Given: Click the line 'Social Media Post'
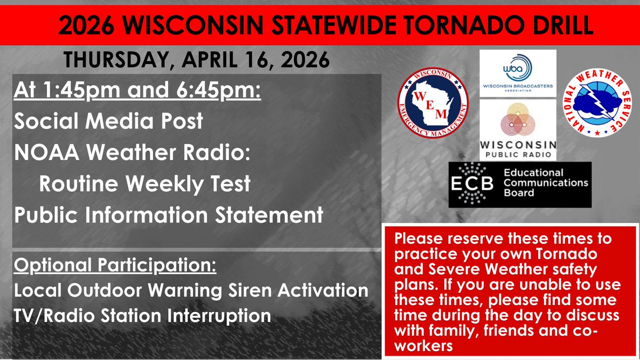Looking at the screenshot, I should coord(108,121).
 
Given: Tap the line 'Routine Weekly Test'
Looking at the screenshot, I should coord(144,184).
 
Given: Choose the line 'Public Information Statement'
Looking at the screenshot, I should coord(168,215).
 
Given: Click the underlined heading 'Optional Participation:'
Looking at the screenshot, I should coord(115,266).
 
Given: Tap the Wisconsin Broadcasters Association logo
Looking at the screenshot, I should coord(518,74).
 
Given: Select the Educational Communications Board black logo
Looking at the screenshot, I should coord(520,184).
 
